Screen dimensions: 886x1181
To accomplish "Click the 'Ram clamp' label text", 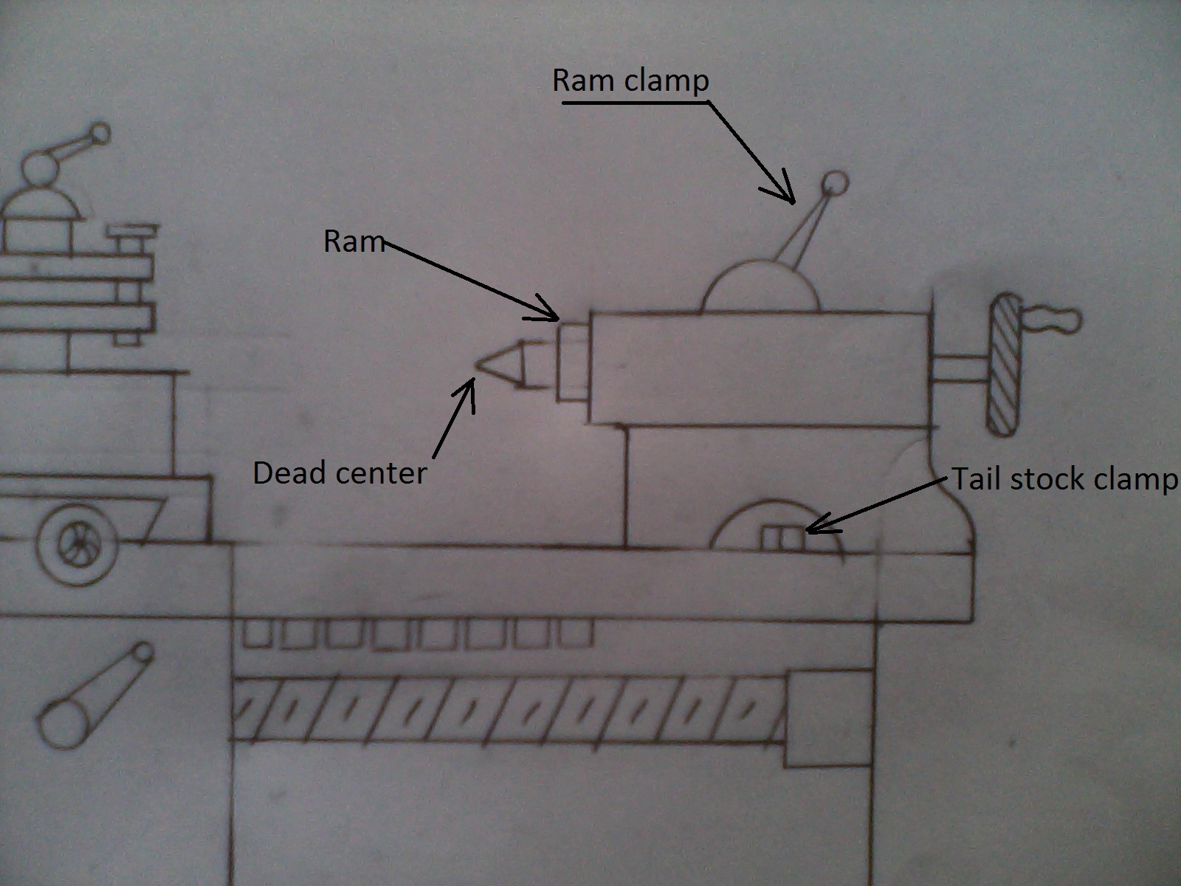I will pos(630,80).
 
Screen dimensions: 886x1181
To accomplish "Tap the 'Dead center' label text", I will pos(340,473).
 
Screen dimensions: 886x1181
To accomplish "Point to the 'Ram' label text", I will pos(354,241).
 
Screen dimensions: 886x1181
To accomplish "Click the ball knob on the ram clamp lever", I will pos(835,182).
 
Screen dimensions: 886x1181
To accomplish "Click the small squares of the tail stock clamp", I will pos(782,539).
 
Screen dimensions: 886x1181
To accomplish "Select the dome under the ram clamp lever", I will pos(760,288).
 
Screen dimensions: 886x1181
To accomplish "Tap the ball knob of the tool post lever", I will pos(100,134).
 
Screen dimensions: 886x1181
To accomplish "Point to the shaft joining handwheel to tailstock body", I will pos(959,369).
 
